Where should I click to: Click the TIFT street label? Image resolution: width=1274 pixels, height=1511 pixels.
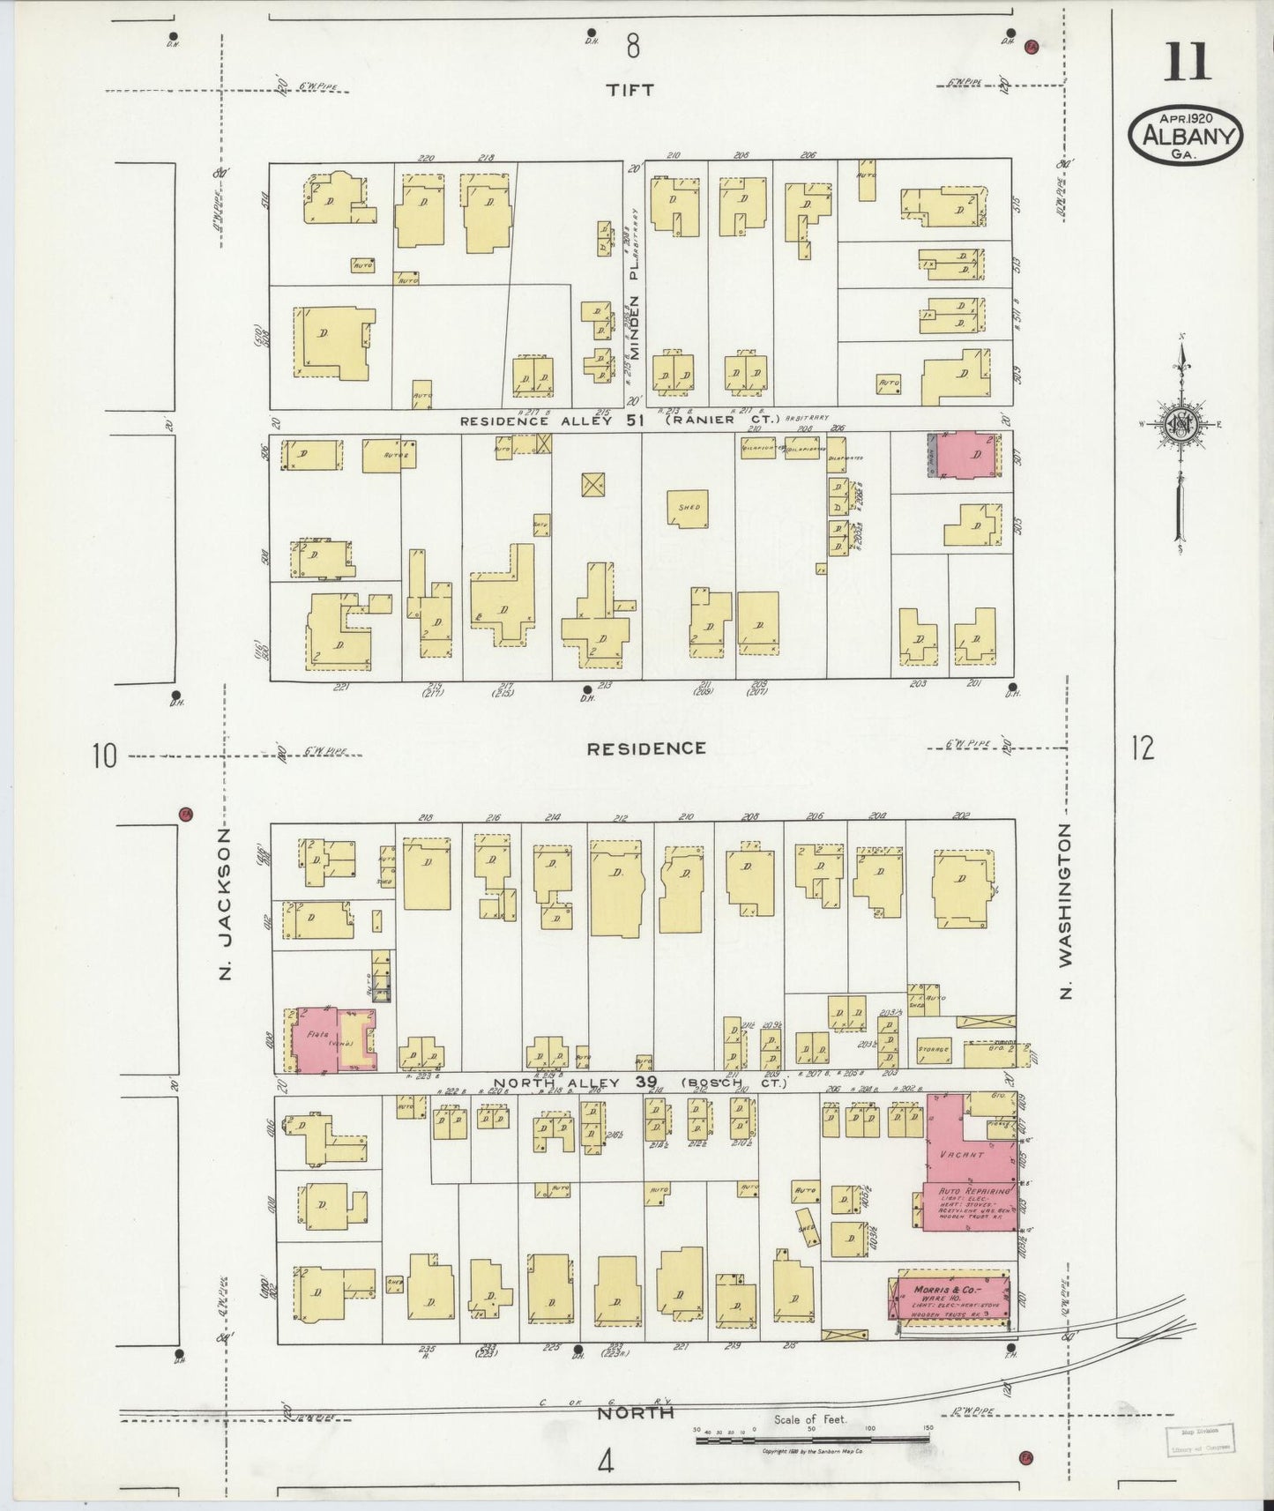click(x=631, y=89)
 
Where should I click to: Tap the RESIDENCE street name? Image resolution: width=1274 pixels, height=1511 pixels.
click(x=646, y=748)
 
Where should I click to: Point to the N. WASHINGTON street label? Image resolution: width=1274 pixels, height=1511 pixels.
click(x=1066, y=911)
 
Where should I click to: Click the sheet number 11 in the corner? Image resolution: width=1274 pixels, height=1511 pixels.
click(x=1187, y=64)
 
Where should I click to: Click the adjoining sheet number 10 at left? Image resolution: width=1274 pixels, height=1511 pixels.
click(x=104, y=755)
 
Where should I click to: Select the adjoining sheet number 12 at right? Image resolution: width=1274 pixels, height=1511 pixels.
click(x=1141, y=748)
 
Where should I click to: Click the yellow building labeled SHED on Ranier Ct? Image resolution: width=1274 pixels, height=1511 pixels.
click(x=689, y=509)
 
